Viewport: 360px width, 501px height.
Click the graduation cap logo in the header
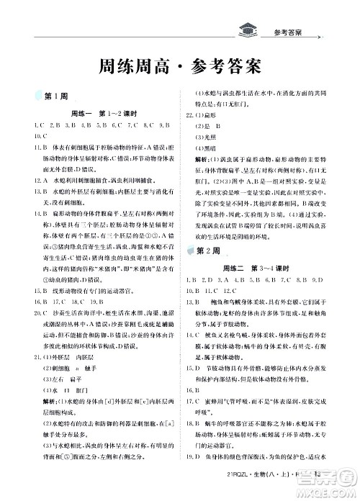(249, 31)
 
